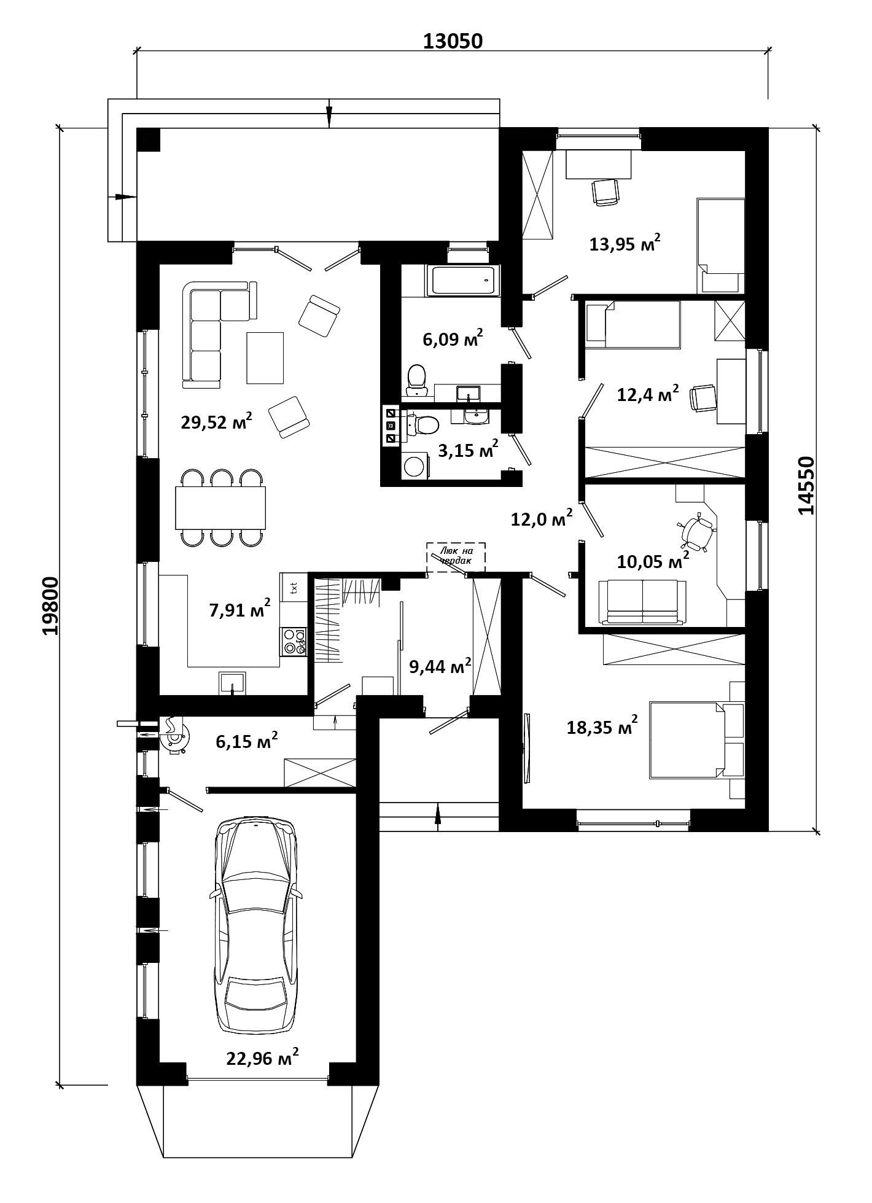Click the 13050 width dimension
(x=453, y=41)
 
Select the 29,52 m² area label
(x=217, y=421)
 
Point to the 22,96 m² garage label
(x=263, y=1058)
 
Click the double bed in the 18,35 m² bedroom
(x=689, y=741)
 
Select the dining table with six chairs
(x=221, y=508)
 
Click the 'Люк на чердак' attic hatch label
(x=456, y=556)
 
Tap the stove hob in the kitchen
(x=294, y=641)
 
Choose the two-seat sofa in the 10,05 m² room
(x=642, y=602)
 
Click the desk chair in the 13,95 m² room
(x=605, y=192)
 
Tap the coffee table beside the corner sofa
(x=265, y=357)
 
